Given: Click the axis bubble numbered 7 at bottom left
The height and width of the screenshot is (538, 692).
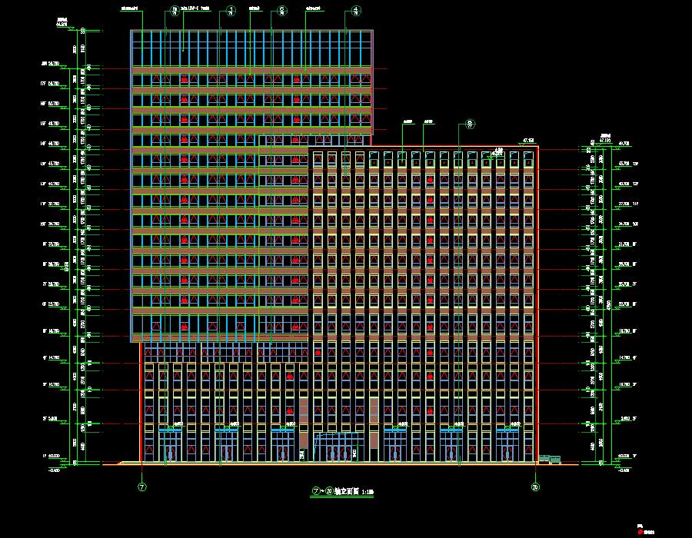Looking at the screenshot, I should point(142,487).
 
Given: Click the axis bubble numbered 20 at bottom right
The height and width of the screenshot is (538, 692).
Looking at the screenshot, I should point(535,487).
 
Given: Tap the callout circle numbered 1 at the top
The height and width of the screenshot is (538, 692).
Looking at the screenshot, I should point(230,10).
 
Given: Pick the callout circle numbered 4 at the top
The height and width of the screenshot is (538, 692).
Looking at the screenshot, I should point(355,10).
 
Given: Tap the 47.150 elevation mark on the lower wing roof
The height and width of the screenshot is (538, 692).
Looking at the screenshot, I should point(528,140).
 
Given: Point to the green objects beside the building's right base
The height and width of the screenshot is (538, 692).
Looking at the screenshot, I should point(550,459).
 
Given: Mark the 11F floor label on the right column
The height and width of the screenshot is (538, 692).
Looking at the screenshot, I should point(632,204).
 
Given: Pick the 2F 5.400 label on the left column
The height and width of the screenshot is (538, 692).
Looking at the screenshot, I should point(54,419).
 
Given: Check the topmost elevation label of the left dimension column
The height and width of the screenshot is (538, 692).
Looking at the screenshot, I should point(62,23).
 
